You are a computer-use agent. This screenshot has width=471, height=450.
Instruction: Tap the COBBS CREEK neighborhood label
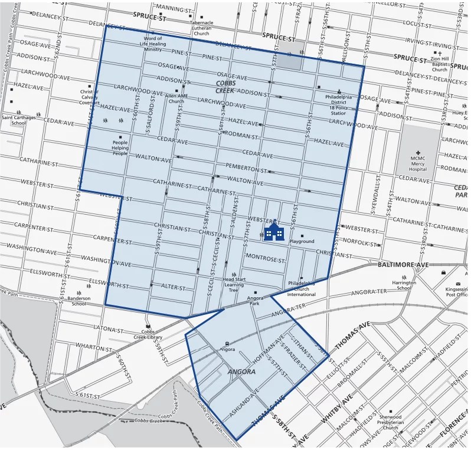click(x=225, y=87)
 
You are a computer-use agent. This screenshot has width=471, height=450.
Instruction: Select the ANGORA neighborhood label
click(x=242, y=372)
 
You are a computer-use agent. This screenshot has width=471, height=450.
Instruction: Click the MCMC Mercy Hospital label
click(x=417, y=165)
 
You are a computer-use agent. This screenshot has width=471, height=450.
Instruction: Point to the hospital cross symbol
click(x=418, y=153)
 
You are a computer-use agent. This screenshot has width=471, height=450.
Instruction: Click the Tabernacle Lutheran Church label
click(x=201, y=28)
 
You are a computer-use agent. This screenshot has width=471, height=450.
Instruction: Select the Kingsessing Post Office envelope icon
click(x=457, y=270)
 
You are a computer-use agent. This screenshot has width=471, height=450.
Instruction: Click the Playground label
click(x=302, y=241)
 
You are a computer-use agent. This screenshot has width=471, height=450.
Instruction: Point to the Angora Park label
click(x=255, y=302)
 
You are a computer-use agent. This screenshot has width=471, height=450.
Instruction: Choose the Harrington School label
click(x=404, y=285)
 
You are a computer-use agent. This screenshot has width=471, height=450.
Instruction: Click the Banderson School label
click(x=78, y=301)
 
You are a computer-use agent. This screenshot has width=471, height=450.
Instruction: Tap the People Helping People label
click(x=120, y=147)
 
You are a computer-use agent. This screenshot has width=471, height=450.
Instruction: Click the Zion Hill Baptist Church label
click(x=439, y=64)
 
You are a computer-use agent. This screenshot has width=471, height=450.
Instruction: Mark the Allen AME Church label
click(x=175, y=98)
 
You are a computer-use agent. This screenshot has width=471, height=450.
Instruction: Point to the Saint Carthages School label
click(x=18, y=120)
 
